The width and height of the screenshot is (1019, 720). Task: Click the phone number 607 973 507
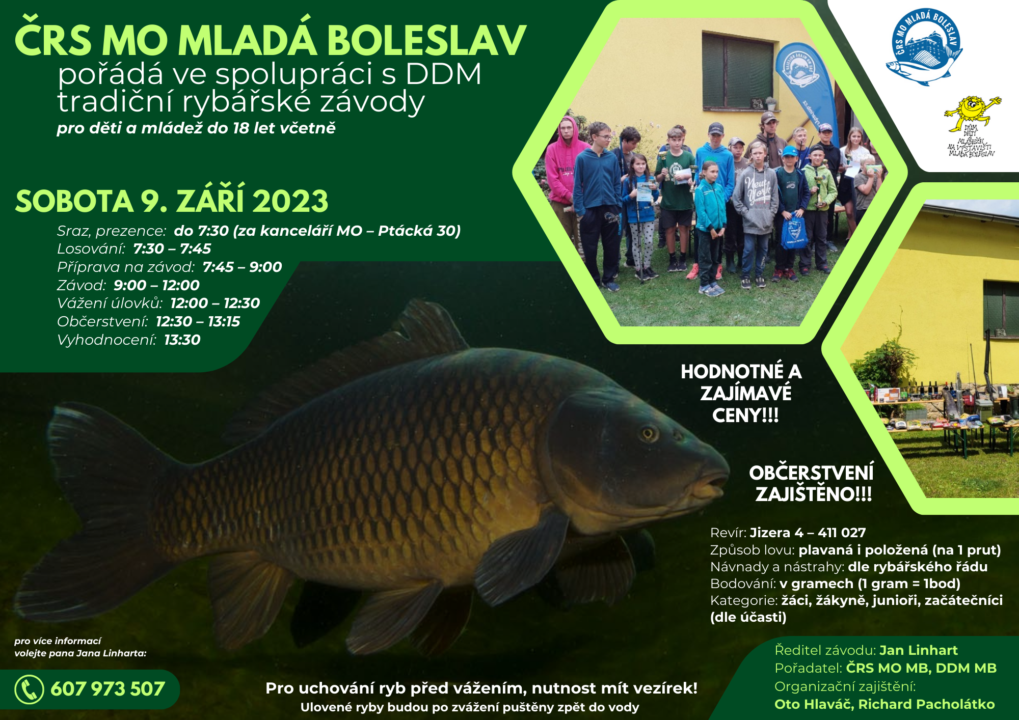(108, 689)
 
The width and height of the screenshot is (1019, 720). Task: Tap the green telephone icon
(29, 689)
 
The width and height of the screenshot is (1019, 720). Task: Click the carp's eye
(648, 434)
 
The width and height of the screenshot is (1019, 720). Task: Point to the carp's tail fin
(97, 509)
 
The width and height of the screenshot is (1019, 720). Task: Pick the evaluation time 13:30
(182, 340)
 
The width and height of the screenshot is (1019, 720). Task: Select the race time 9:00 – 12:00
(156, 285)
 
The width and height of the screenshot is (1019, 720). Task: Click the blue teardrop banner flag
(805, 87)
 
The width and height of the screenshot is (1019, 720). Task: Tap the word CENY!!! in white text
(745, 416)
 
